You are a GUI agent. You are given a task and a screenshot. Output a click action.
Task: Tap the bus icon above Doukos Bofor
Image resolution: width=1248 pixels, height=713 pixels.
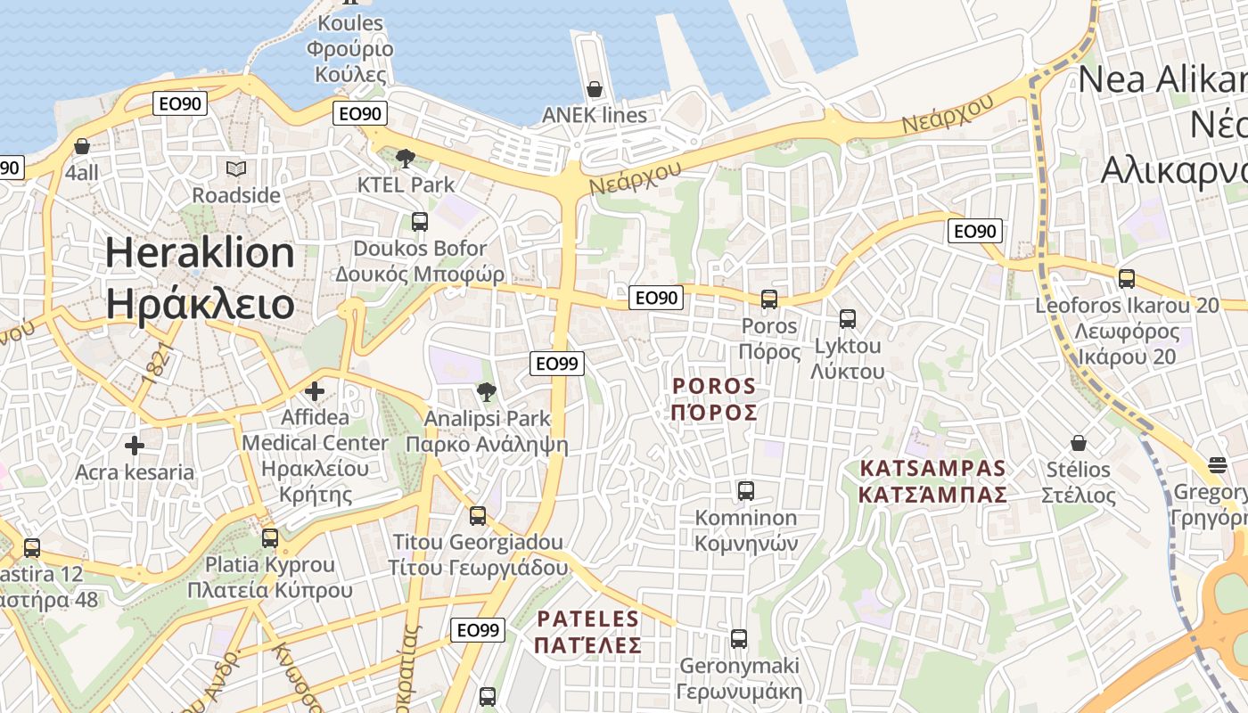420,221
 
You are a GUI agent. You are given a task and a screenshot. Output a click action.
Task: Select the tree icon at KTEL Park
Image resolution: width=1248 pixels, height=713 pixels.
406,159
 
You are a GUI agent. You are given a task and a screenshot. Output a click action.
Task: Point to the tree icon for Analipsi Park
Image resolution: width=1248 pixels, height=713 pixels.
487,391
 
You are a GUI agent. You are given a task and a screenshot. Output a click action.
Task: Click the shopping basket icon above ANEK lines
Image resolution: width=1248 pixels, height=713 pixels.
595,89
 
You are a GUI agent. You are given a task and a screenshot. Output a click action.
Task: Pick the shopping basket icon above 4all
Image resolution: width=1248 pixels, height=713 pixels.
82,146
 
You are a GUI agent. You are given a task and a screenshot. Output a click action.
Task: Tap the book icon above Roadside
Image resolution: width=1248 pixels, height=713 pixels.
236,168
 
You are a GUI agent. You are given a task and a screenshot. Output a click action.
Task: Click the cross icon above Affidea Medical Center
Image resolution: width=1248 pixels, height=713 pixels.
314,390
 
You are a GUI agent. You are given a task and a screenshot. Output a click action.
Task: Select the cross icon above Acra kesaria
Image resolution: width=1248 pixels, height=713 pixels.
135,445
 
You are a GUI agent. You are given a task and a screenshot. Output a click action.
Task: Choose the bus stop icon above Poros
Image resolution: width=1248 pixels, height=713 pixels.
769,299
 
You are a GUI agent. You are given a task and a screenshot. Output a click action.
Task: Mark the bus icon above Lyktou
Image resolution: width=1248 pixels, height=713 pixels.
848,318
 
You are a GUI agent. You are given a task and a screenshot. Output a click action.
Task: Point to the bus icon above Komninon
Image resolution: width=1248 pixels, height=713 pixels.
746,490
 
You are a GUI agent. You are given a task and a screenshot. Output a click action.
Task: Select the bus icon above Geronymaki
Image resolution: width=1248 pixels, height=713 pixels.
739,638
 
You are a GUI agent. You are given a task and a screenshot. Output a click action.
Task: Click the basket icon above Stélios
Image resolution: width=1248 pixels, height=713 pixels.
1079,443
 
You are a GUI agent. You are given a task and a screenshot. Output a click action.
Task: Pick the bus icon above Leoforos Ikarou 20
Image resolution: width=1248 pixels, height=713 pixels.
1127,278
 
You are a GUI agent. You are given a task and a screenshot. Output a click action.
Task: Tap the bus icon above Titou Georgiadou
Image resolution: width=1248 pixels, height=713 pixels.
478,515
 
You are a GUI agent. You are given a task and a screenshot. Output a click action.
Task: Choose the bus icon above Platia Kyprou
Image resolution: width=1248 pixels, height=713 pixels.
270,537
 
